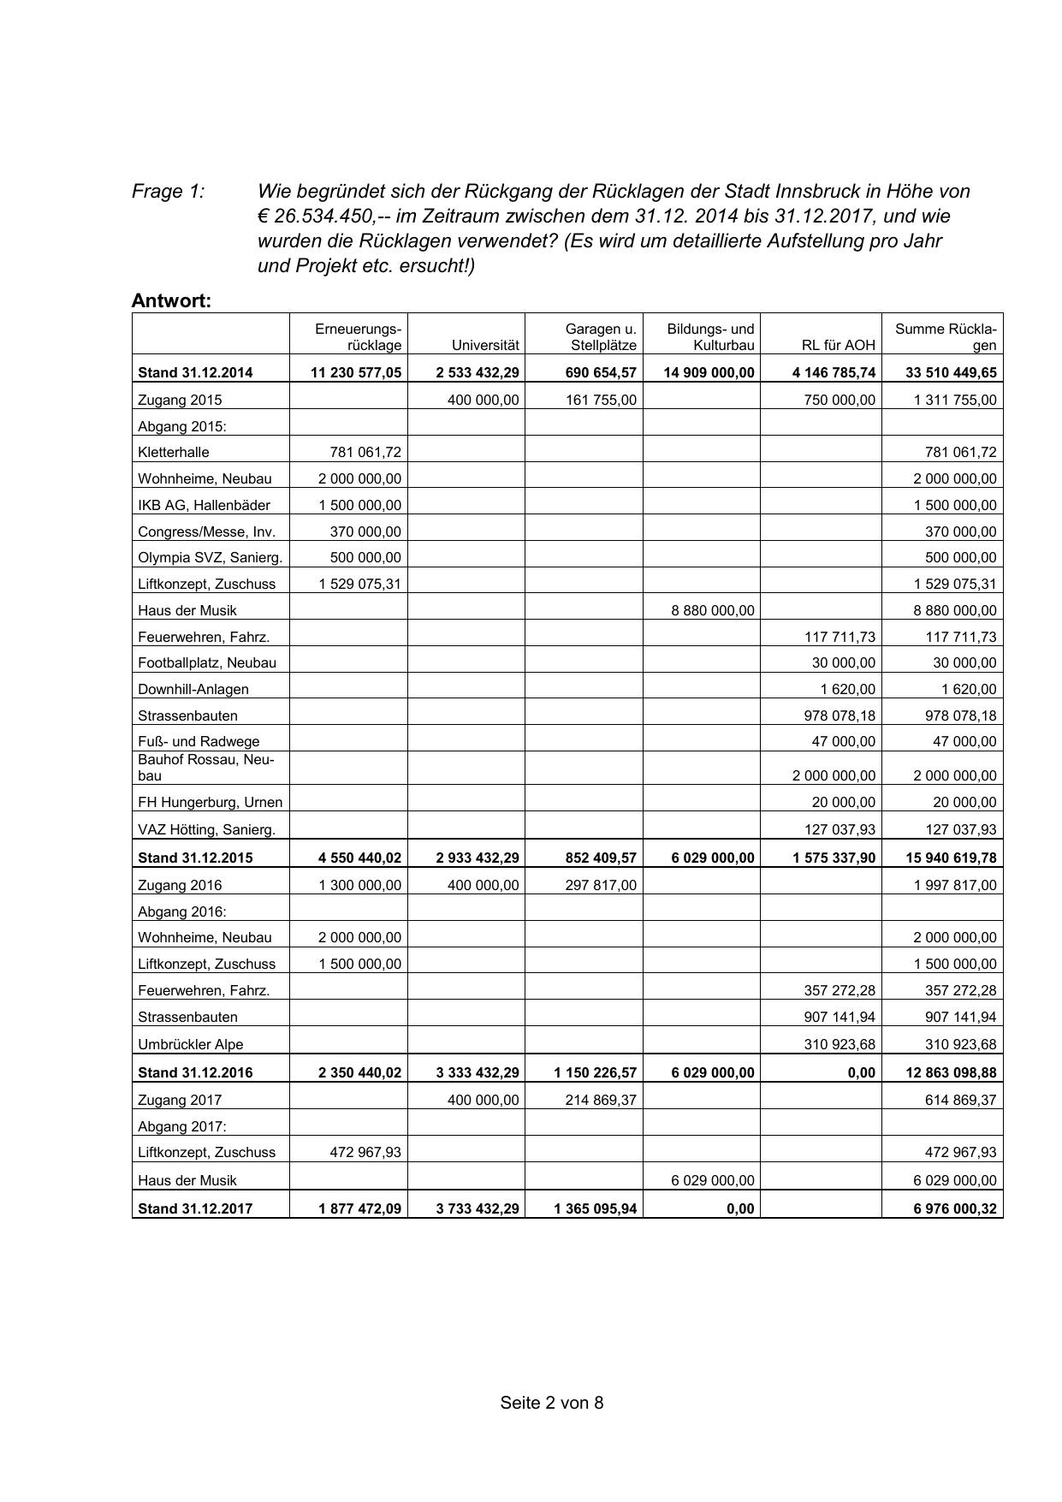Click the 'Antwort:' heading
click(171, 300)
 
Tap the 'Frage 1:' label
click(168, 191)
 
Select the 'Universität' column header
click(485, 345)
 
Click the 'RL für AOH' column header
click(839, 345)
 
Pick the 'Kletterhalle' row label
click(174, 452)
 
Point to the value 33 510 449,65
click(951, 372)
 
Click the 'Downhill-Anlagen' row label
click(193, 689)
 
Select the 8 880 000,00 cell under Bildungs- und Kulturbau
click(713, 610)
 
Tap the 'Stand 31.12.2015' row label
click(195, 858)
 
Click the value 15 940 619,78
click(951, 858)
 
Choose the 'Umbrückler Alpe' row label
click(191, 1044)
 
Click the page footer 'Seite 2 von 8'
click(552, 1403)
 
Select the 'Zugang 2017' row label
click(180, 1100)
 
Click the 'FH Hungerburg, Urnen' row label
click(211, 802)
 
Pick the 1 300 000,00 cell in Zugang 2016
click(359, 885)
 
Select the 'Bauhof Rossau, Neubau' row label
click(206, 768)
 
